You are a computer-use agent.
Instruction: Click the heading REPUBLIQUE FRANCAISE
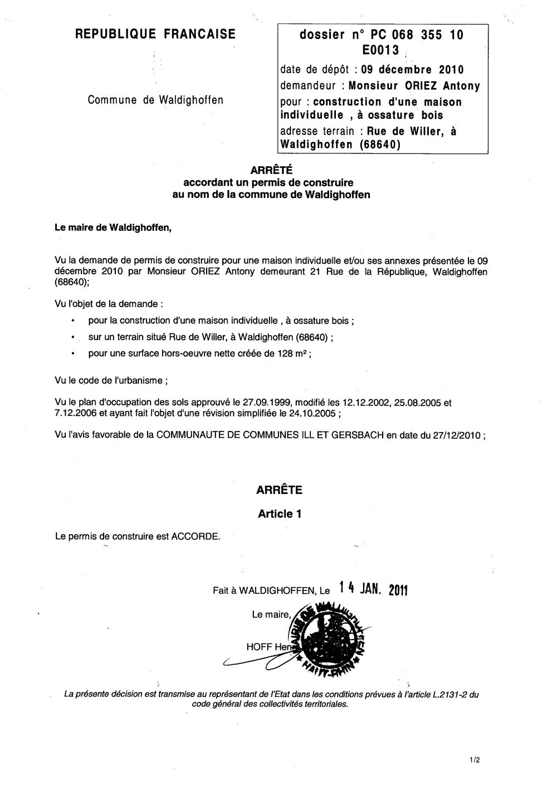(155, 35)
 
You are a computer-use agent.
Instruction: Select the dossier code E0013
(381, 50)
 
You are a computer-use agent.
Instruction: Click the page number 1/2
(474, 759)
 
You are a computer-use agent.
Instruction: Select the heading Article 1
(279, 514)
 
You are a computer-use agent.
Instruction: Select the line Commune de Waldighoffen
(155, 100)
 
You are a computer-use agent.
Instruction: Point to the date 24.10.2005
(314, 413)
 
